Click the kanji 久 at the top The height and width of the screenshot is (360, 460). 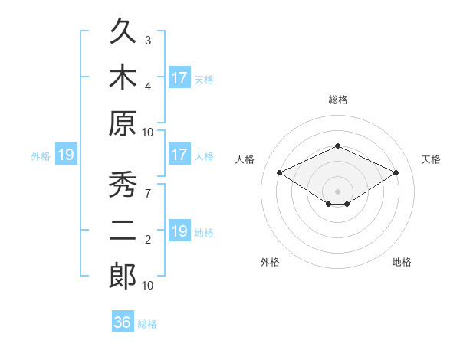point(123,31)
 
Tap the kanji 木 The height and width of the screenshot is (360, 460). point(123,77)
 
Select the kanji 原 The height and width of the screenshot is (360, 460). point(123,123)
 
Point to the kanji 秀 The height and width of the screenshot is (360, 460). point(123,184)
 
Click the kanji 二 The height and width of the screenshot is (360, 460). point(123,230)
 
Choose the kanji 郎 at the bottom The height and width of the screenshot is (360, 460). point(123,276)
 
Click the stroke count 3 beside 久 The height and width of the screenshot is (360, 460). point(148,41)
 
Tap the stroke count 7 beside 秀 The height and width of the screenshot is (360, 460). point(148,194)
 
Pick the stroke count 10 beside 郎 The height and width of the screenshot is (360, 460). point(147,286)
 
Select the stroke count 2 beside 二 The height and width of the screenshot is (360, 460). point(148,240)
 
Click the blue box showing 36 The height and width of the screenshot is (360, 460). point(123,321)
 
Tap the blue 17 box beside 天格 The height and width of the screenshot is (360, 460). point(180,77)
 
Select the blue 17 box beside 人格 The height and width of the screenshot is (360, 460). point(180,154)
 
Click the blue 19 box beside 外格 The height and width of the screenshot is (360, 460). point(66,154)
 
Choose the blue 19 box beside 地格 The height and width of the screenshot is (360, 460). point(180,230)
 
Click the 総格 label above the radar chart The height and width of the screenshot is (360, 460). point(338,100)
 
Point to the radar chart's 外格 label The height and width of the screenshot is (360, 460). point(270,262)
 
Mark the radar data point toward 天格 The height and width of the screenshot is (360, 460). point(396,172)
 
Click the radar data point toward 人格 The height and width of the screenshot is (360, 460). point(280,172)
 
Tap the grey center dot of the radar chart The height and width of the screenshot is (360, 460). point(337,191)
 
